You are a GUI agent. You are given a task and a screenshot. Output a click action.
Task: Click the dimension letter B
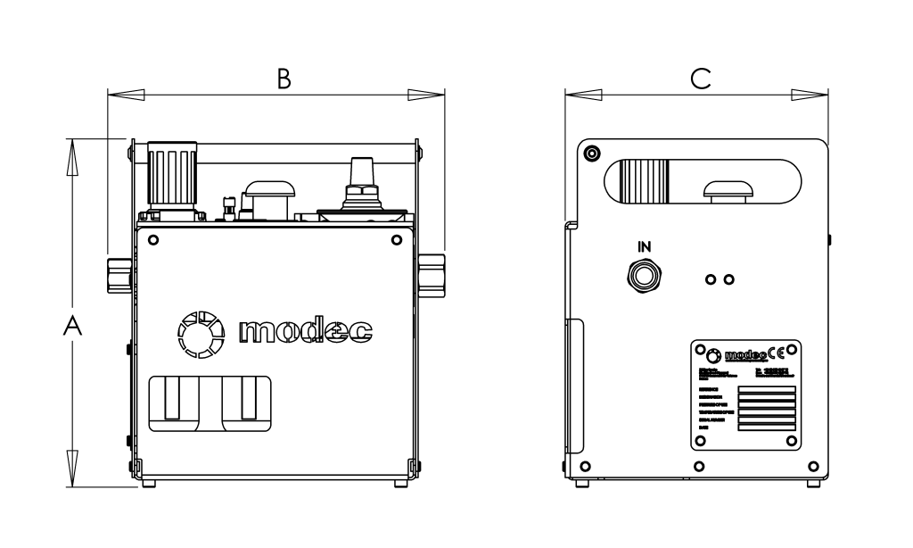[283, 80]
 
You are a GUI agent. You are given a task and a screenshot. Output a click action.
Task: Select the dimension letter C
[701, 80]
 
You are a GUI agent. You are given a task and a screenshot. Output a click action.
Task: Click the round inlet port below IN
[645, 275]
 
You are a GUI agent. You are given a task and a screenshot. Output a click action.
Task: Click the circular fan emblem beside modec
[199, 331]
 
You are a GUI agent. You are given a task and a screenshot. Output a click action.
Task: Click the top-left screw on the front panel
[154, 240]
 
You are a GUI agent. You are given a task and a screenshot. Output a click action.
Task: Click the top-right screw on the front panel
[396, 240]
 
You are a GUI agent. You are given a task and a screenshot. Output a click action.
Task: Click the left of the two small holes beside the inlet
[711, 279]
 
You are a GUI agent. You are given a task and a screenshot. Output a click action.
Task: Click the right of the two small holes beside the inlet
[729, 279]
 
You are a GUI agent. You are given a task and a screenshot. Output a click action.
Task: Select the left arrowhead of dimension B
[123, 94]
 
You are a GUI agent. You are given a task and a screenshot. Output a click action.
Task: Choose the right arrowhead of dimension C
[812, 94]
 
